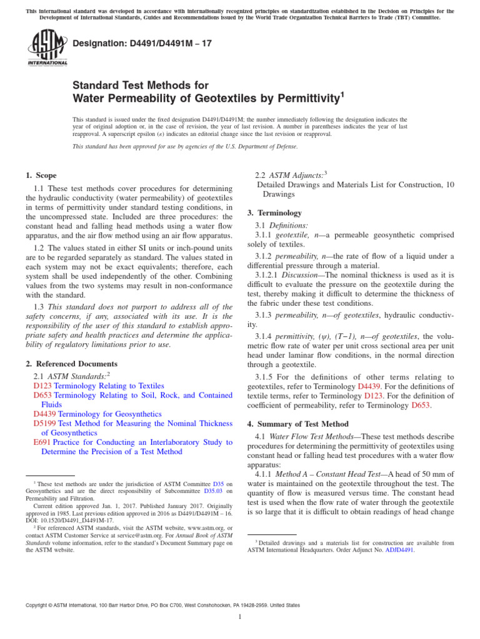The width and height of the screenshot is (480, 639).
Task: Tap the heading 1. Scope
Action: click(41, 177)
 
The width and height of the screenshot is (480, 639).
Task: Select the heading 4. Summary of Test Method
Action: click(298, 424)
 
